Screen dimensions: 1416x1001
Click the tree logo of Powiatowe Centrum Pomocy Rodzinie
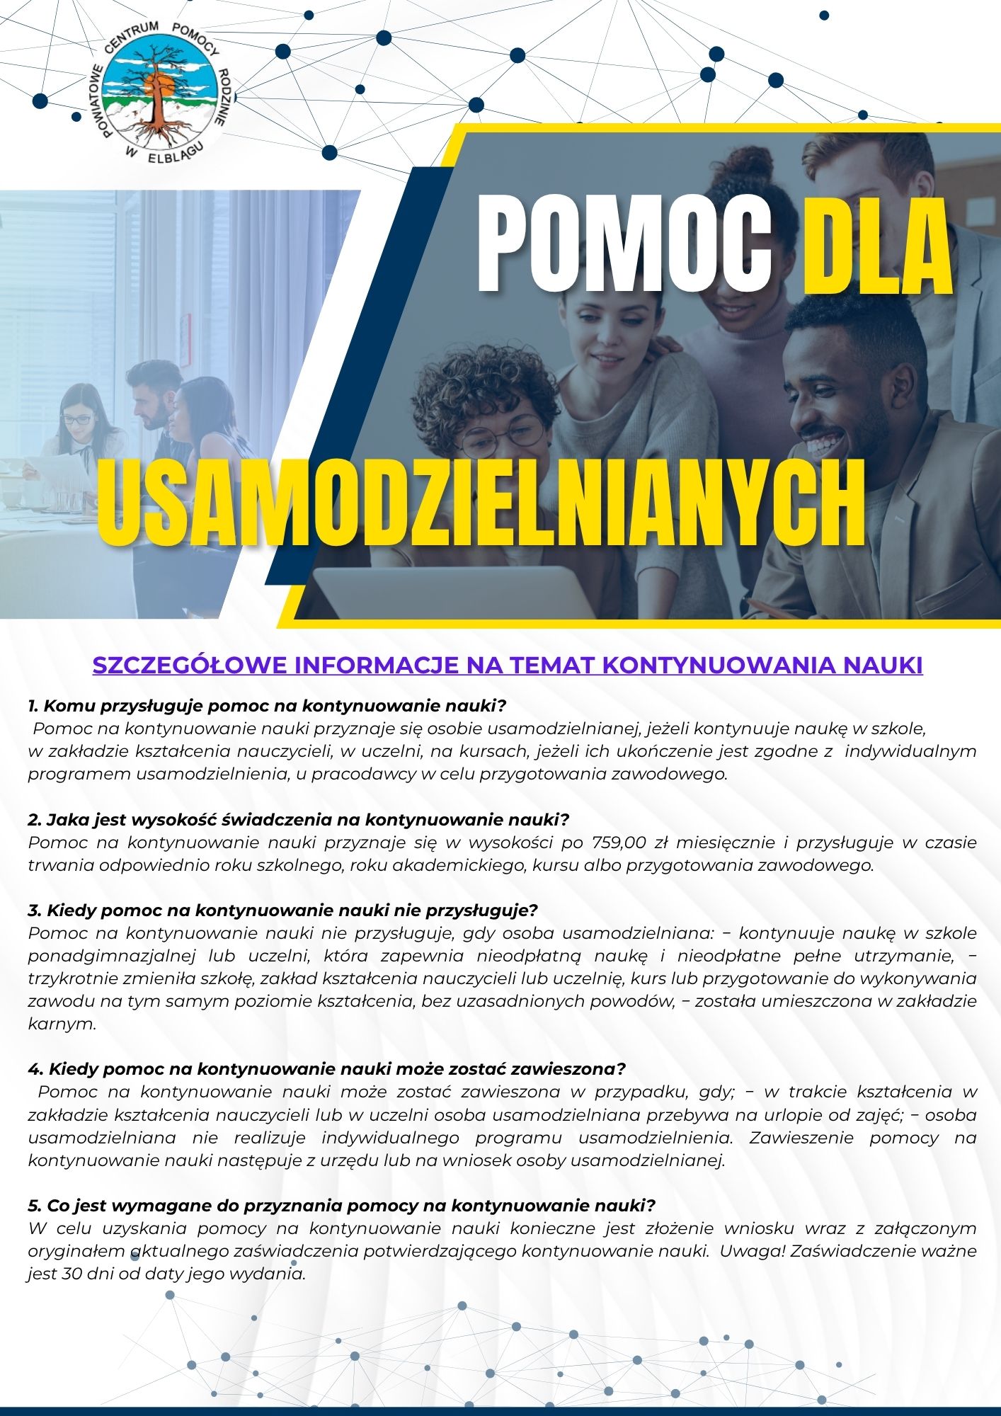coord(159,92)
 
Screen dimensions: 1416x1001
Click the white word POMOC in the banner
coord(623,244)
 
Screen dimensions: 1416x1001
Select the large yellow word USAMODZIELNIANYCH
coord(481,503)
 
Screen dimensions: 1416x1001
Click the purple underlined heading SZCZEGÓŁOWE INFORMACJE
coord(508,666)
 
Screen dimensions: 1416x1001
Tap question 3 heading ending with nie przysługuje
coord(283,910)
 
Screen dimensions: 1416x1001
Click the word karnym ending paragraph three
coord(62,1024)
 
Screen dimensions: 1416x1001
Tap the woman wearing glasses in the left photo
coord(81,425)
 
